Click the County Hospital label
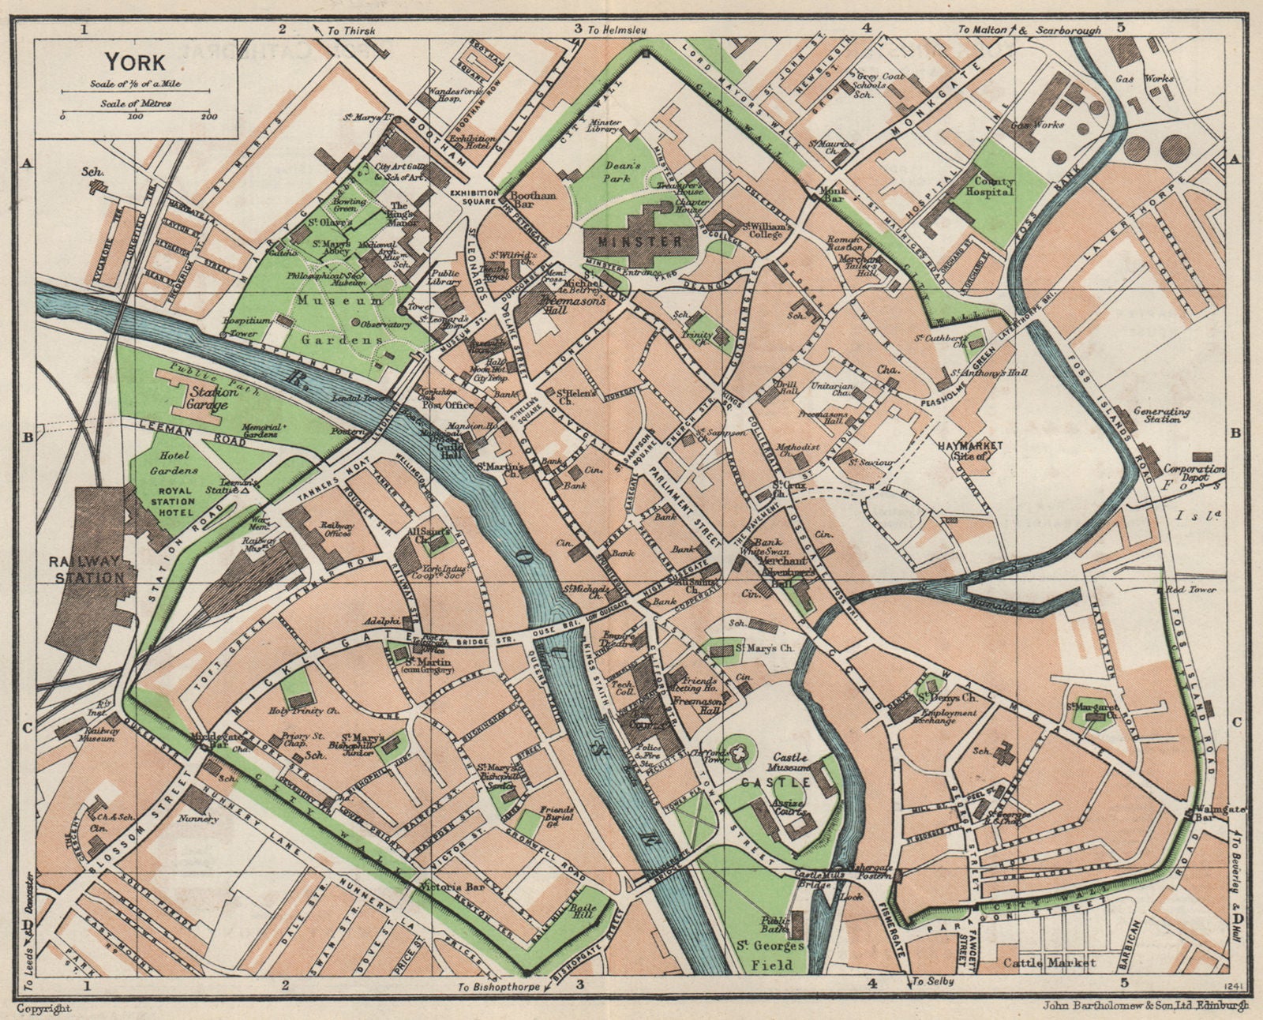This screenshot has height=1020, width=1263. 993,187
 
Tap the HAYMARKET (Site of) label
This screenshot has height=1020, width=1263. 969,451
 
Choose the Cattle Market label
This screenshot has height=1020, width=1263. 1049,962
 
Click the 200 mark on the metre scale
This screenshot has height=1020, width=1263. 208,117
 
